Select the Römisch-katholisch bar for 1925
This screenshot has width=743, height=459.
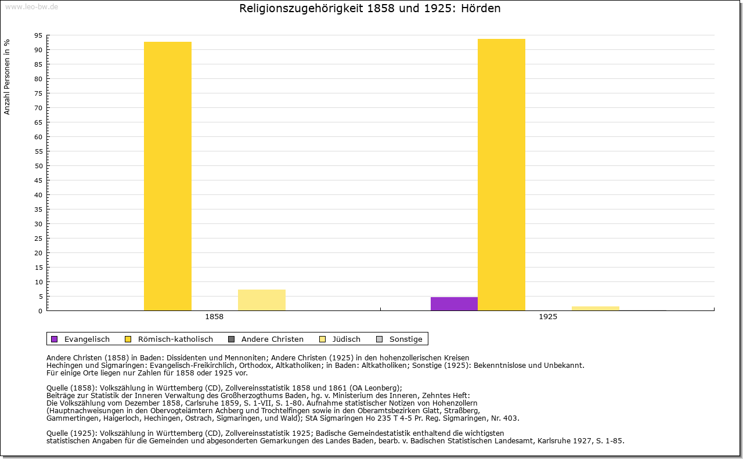tap(502, 175)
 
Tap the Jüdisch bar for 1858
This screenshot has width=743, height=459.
tap(262, 300)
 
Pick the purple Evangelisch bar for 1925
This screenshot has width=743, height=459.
tap(454, 303)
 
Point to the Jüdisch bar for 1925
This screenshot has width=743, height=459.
tap(596, 308)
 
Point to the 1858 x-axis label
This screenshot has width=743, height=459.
tap(214, 317)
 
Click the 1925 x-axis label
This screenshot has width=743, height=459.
tap(548, 317)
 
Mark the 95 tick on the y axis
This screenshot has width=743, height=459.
tap(38, 35)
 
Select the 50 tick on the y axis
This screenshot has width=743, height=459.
tap(38, 166)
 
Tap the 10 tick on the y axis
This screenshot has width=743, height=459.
tap(38, 282)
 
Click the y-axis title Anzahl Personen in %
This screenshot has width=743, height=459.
tap(7, 77)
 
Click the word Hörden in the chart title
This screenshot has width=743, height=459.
tap(481, 9)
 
